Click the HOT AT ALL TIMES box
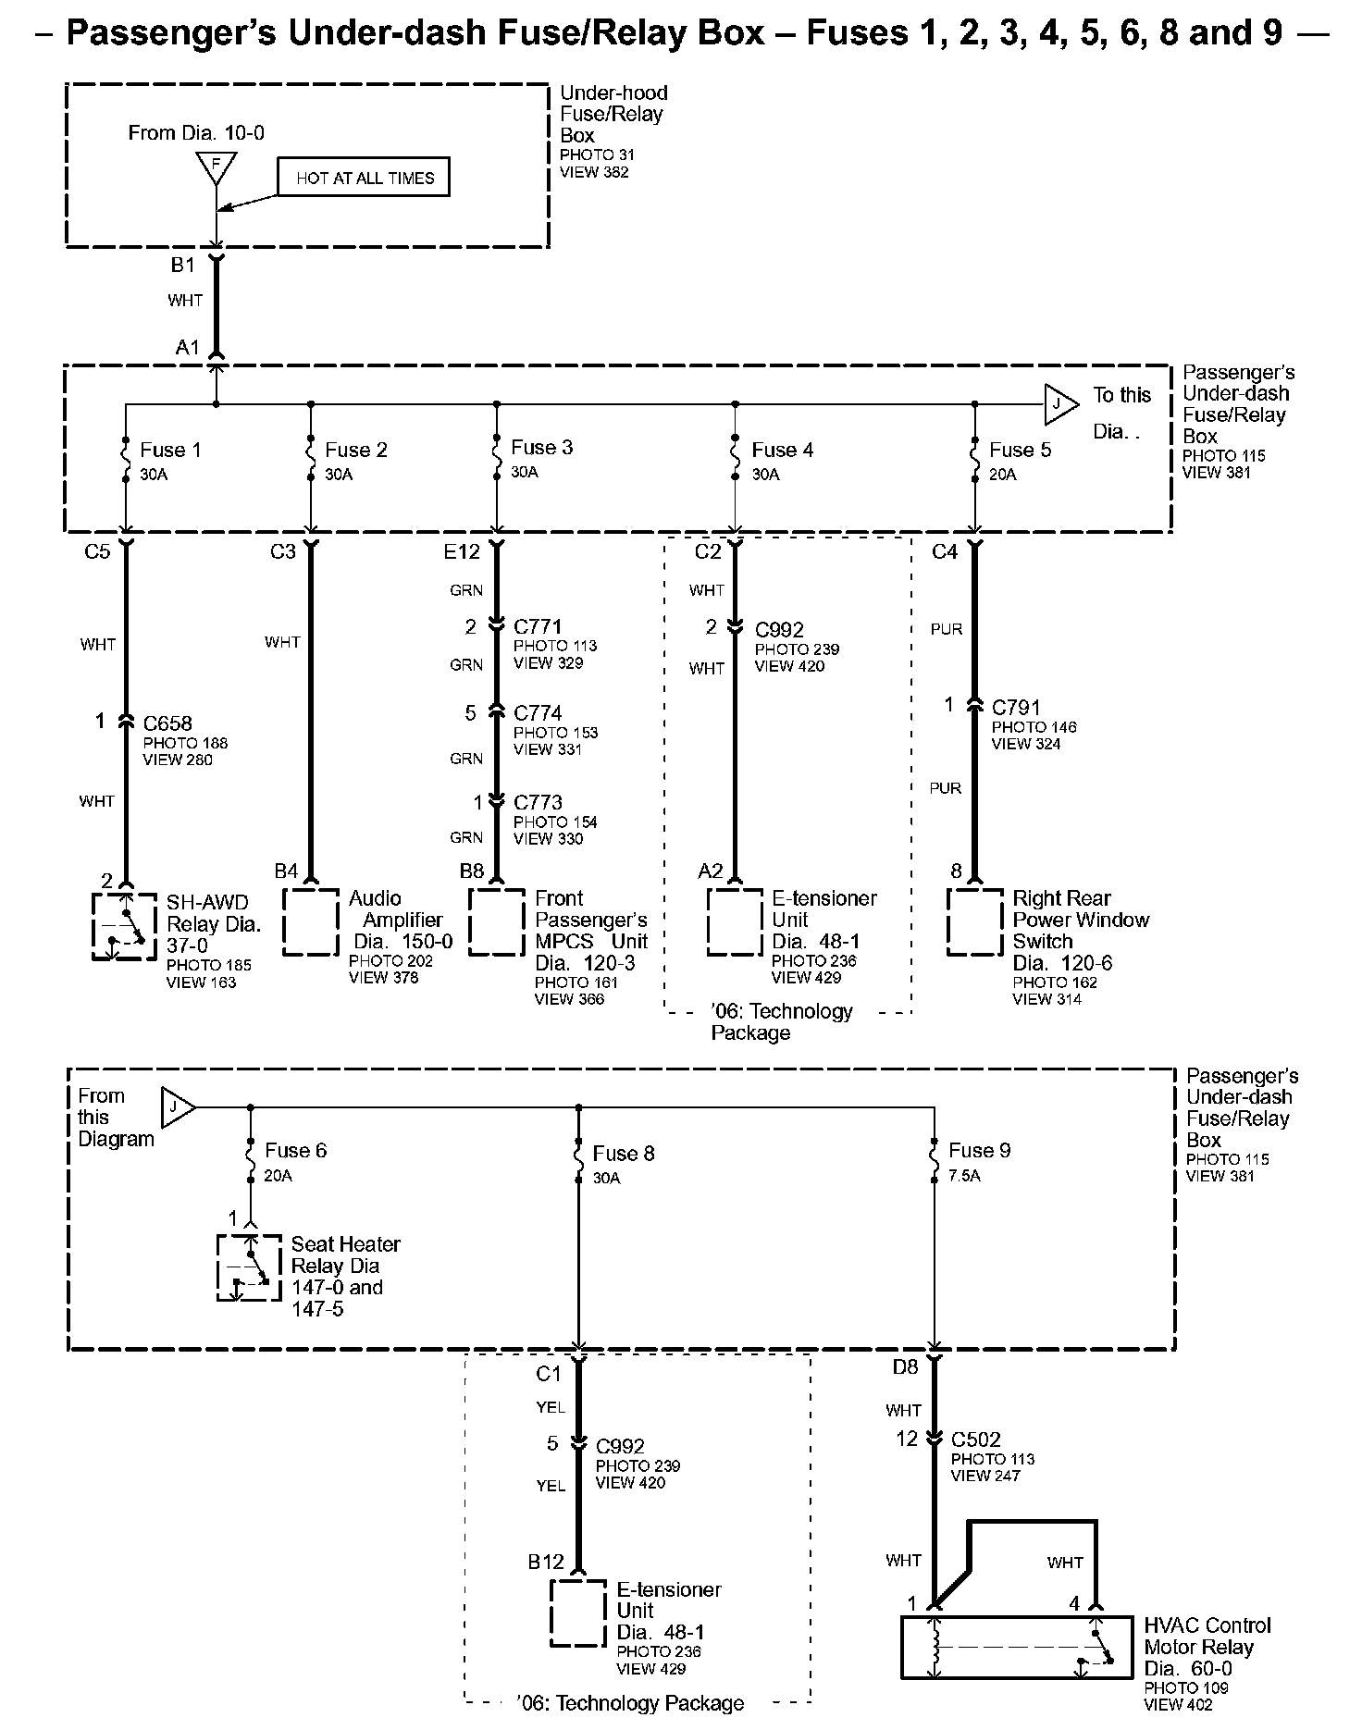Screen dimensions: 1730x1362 (x=364, y=178)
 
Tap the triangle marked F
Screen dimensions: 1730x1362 (x=216, y=167)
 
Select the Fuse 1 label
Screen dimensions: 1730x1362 (x=170, y=451)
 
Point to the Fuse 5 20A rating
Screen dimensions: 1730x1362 (x=1002, y=475)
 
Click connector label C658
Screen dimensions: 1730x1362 (x=167, y=723)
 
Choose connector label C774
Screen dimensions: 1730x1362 (x=538, y=713)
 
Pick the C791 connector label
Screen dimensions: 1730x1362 (x=1016, y=708)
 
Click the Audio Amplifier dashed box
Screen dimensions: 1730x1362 (x=311, y=921)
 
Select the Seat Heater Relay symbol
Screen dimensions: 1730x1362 (x=248, y=1267)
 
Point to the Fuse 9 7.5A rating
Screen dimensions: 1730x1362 (x=964, y=1176)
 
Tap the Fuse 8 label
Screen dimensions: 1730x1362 (x=624, y=1154)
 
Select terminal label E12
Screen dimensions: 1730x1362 (x=462, y=552)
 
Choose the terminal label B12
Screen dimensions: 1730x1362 (x=546, y=1562)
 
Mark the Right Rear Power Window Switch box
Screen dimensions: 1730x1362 (x=975, y=922)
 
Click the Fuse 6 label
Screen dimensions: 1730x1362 (x=296, y=1151)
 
